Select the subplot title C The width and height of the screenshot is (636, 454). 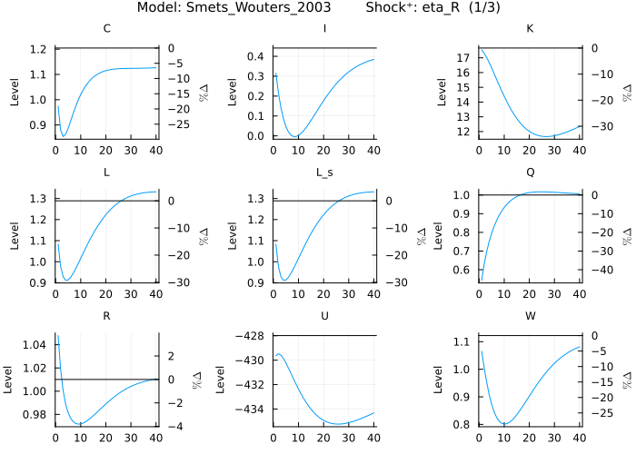click(x=107, y=29)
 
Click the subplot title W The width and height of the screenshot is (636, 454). click(x=531, y=316)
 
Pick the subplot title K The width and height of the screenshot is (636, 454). click(x=531, y=29)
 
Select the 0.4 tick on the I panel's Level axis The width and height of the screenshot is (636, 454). click(x=258, y=56)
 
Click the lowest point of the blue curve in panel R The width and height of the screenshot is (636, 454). click(x=81, y=423)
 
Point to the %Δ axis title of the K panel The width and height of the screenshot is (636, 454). click(x=626, y=92)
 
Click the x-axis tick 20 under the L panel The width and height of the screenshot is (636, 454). click(x=105, y=294)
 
